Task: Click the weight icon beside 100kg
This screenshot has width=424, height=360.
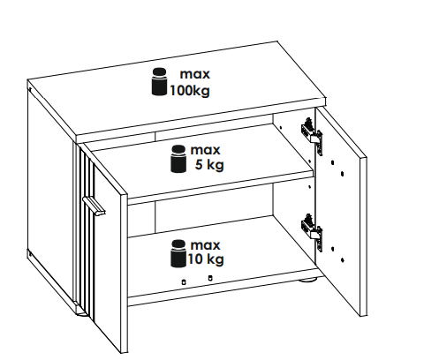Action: pos(159,82)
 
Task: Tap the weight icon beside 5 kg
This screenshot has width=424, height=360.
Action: pos(178,159)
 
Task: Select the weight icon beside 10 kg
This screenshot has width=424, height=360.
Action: pos(178,254)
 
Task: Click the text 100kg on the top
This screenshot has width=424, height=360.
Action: pos(190,91)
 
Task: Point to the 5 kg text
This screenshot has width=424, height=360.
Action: pos(209,165)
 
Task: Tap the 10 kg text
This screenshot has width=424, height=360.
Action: pos(206,259)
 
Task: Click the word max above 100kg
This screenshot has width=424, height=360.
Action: pos(195,74)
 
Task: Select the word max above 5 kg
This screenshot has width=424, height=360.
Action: pos(205,150)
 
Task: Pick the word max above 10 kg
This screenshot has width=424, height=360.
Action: pos(205,245)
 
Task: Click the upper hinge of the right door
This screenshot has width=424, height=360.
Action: pos(312,136)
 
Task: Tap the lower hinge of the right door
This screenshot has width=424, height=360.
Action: pos(312,232)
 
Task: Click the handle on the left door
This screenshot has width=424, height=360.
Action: pos(94,206)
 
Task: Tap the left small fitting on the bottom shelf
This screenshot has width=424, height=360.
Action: pos(184,282)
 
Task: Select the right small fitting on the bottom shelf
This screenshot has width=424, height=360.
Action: pos(210,278)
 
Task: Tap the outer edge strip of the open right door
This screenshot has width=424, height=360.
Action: pos(363,237)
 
